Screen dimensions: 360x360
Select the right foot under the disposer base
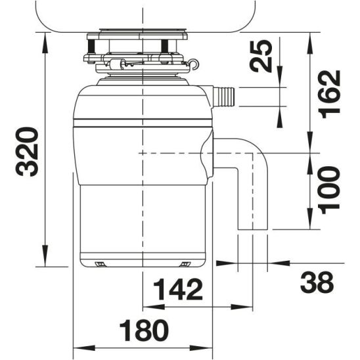(185, 264)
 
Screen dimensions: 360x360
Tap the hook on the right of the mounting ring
(194, 64)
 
